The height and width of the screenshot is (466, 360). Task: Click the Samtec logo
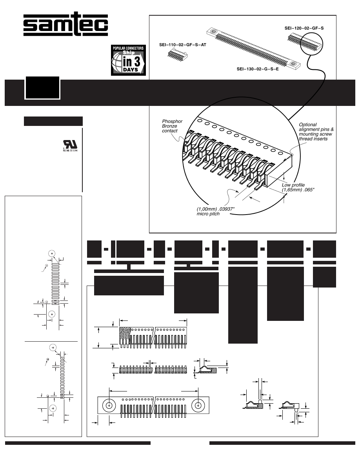click(x=65, y=25)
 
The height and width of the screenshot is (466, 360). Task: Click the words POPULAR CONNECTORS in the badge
click(x=128, y=48)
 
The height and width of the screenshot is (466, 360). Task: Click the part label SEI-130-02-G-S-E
click(x=257, y=69)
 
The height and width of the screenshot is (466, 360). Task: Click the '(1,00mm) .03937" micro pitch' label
click(x=213, y=211)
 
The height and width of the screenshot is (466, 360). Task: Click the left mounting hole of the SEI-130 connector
click(x=214, y=32)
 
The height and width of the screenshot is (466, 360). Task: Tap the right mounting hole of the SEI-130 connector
click(x=293, y=64)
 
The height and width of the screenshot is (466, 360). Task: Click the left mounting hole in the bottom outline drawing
click(x=109, y=405)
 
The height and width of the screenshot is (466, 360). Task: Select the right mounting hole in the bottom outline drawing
click(x=199, y=405)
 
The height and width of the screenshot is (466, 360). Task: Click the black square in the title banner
click(x=43, y=87)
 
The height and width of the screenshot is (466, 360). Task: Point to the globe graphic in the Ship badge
click(x=119, y=63)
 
